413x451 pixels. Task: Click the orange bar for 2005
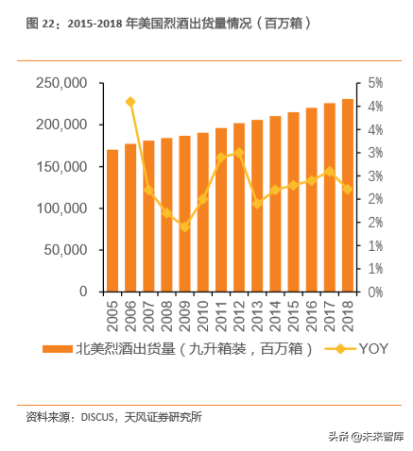coord(112,221)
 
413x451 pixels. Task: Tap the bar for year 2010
coord(203,212)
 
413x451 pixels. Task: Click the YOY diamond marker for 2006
coord(130,102)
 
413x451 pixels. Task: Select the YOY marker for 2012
coord(239,153)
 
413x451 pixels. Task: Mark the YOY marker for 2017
coord(330,172)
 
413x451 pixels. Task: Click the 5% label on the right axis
coord(375,83)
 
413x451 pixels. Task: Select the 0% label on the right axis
coord(375,292)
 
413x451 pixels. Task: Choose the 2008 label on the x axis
coord(167,311)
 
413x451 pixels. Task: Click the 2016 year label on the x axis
coord(312,311)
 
